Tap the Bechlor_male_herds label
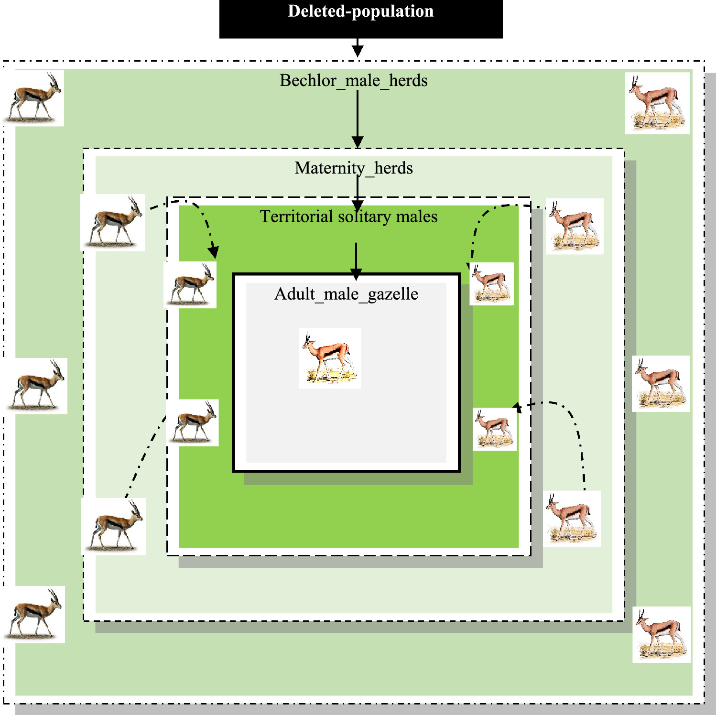(x=353, y=81)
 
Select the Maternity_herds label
(x=353, y=168)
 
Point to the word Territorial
(x=296, y=217)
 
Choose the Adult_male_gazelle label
(x=346, y=294)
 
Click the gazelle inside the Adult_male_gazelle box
(x=329, y=357)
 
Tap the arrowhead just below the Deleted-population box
(x=358, y=50)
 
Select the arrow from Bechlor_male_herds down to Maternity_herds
(x=358, y=117)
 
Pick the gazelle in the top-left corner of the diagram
(x=34, y=98)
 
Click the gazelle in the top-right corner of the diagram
(x=657, y=103)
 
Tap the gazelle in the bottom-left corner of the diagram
(x=34, y=614)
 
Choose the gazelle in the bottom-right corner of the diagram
(x=662, y=635)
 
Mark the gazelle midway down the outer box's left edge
(x=37, y=386)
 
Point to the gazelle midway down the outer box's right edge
(x=661, y=384)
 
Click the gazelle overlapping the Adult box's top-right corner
(x=491, y=284)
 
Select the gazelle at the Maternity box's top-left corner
(x=113, y=223)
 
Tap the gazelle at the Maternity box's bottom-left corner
(x=114, y=526)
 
